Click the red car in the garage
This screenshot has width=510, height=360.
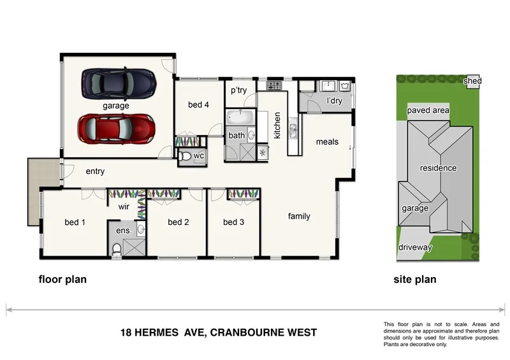pyautogui.click(x=116, y=128)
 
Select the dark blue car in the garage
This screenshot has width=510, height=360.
pyautogui.click(x=118, y=82)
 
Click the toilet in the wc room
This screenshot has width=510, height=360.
pyautogui.click(x=185, y=156)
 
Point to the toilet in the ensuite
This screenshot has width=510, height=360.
pyautogui.click(x=115, y=250)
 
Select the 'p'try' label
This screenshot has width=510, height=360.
pyautogui.click(x=238, y=90)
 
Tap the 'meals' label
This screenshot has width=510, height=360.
pyautogui.click(x=327, y=141)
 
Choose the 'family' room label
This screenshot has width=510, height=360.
pyautogui.click(x=299, y=216)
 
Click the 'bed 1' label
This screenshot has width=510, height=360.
pyautogui.click(x=75, y=222)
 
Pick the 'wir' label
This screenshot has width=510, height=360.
pyautogui.click(x=123, y=206)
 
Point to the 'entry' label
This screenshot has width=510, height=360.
pyautogui.click(x=95, y=171)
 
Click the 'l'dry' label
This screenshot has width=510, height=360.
pyautogui.click(x=335, y=101)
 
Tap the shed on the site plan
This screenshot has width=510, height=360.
pyautogui.click(x=472, y=81)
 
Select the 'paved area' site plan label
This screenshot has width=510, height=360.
pyautogui.click(x=428, y=110)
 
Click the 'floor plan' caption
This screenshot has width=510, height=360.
pyautogui.click(x=62, y=279)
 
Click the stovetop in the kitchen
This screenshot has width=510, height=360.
pyautogui.click(x=274, y=85)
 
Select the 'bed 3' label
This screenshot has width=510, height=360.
pyautogui.click(x=233, y=222)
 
